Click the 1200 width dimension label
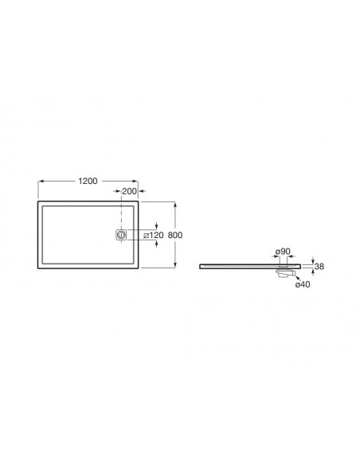[x=88, y=181]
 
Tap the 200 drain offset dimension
[x=129, y=191]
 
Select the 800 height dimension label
[x=175, y=235]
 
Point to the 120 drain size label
[x=156, y=235]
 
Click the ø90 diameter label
[x=282, y=252]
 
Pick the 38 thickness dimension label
[x=319, y=266]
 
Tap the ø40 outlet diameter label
[x=303, y=284]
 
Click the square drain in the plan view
[x=121, y=235]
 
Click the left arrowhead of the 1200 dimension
[x=41, y=182]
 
